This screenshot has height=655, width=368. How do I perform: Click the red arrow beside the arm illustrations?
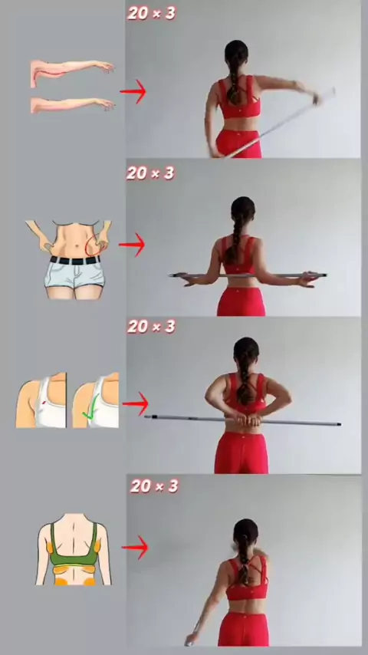(133, 91)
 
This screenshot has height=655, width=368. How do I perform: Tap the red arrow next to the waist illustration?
(133, 245)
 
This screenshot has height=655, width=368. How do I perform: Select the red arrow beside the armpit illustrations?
(136, 404)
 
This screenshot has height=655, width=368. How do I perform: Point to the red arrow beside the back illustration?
(136, 547)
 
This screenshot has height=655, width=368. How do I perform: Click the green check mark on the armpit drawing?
(91, 408)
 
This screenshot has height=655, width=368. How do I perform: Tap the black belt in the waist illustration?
(76, 260)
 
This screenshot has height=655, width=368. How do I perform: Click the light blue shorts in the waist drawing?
(75, 275)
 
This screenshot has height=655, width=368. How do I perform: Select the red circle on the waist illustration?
(95, 245)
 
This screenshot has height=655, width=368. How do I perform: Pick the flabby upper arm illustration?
(72, 71)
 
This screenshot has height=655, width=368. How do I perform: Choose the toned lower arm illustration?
(72, 104)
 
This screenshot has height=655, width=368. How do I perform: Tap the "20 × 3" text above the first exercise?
(152, 14)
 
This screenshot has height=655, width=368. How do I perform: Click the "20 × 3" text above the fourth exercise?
(154, 486)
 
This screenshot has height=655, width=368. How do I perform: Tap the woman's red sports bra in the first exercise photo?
(239, 98)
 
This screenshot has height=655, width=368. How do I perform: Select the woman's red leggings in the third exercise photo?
(242, 453)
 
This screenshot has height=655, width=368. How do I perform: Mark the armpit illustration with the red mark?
(41, 400)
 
